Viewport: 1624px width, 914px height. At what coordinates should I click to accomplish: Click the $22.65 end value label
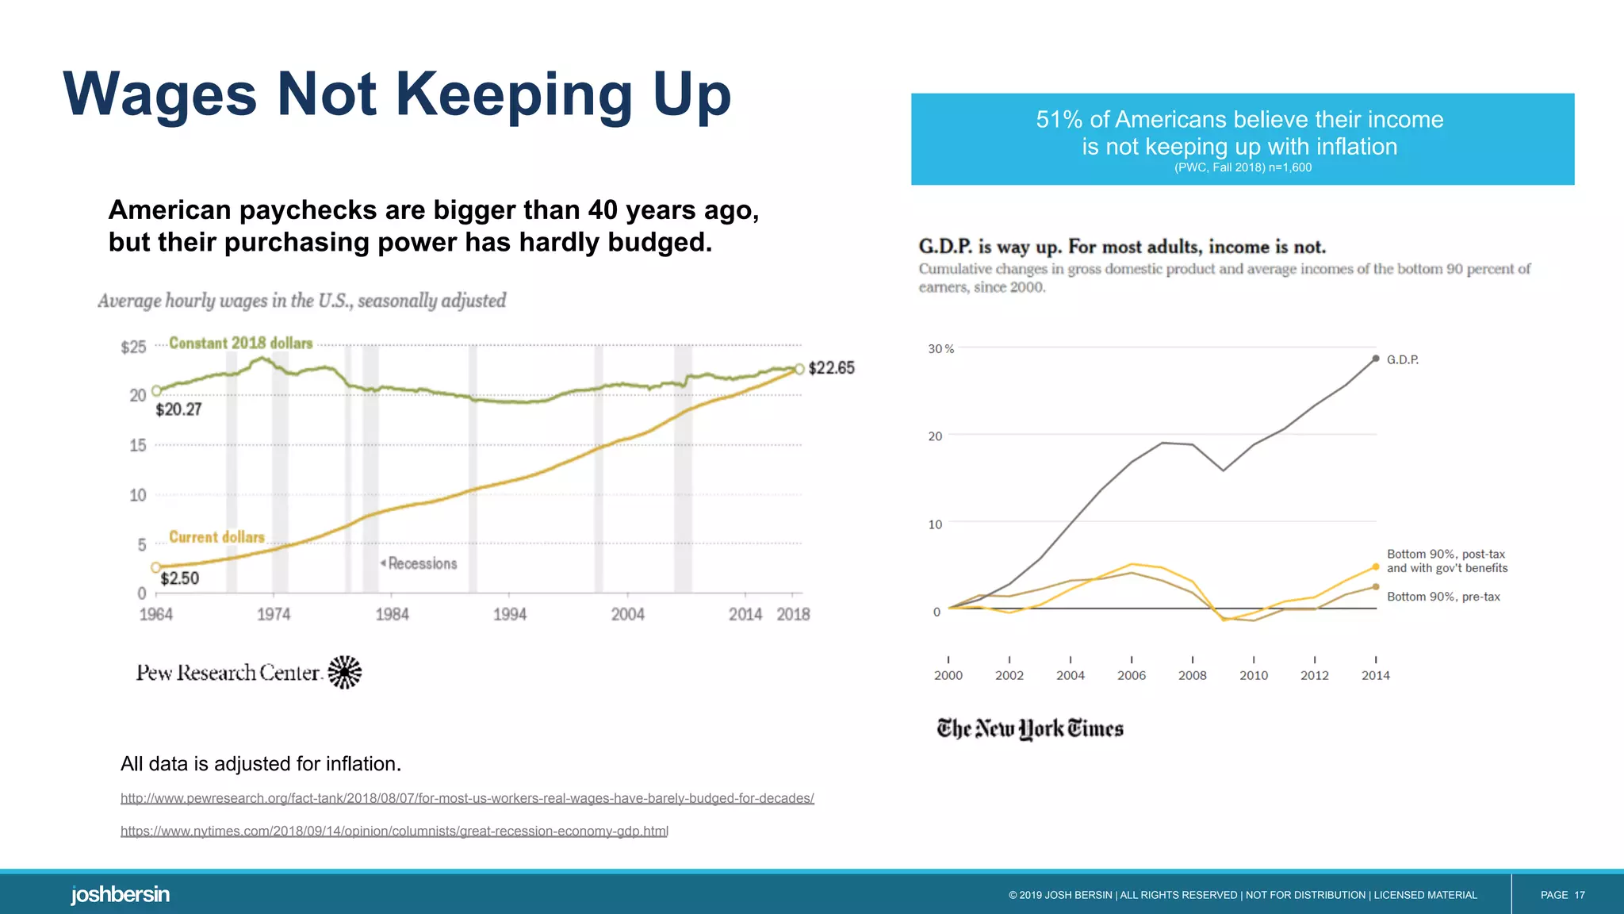831,367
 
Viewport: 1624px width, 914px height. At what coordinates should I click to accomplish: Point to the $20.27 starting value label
178,409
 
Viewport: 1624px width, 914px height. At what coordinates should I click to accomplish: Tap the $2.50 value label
179,578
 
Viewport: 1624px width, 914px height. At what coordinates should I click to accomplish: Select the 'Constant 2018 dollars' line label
240,343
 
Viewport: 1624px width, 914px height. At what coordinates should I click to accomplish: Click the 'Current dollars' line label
216,537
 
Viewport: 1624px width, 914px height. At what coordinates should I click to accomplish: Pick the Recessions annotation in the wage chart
421,563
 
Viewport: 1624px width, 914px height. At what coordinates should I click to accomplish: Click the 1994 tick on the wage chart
509,614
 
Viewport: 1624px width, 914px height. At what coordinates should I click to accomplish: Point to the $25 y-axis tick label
133,347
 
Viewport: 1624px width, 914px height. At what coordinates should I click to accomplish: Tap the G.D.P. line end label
1402,359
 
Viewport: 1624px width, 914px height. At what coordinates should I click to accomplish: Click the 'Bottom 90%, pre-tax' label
1442,597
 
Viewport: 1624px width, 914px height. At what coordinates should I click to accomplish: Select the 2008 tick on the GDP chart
1192,675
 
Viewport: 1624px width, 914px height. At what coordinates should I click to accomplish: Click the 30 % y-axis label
940,349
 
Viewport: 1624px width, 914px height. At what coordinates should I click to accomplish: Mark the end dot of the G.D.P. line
1376,359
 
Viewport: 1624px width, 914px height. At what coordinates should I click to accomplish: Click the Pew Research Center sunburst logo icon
345,672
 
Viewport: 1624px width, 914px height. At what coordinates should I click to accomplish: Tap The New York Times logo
1029,728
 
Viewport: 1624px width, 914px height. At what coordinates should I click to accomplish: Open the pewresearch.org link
467,798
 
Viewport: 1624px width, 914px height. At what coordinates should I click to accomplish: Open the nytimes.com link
394,831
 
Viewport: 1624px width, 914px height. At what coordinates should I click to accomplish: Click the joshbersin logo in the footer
120,894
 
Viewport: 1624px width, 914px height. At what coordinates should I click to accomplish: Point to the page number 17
1579,895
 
